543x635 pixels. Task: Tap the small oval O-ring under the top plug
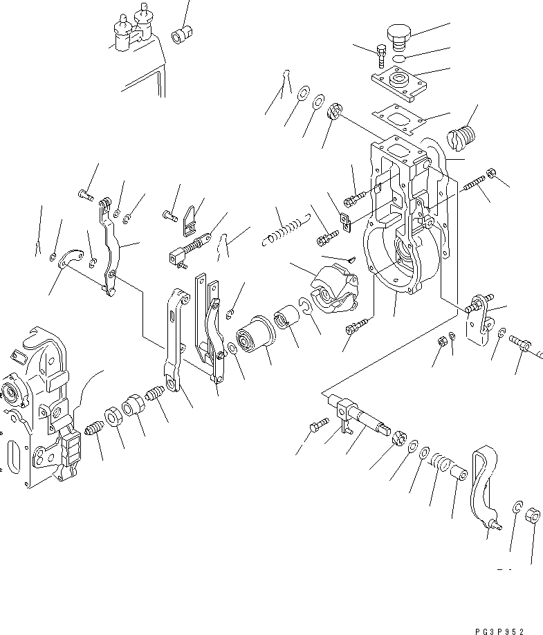click(396, 59)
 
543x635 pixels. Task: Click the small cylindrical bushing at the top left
click(183, 33)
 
